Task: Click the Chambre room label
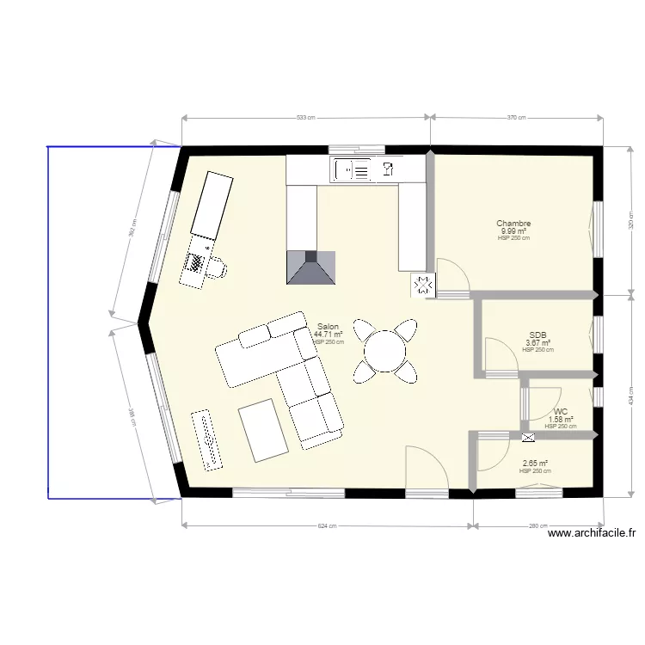[513, 224]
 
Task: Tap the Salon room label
[328, 327]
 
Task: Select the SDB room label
[538, 335]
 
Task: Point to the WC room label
[561, 412]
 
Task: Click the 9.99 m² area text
[513, 231]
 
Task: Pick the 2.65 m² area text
[535, 464]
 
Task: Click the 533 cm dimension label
[305, 117]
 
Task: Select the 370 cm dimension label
[516, 117]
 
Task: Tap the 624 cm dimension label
[328, 526]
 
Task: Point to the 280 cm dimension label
[538, 526]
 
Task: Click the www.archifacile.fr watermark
[593, 533]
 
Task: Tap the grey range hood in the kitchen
[309, 267]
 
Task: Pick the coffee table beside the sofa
[263, 428]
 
